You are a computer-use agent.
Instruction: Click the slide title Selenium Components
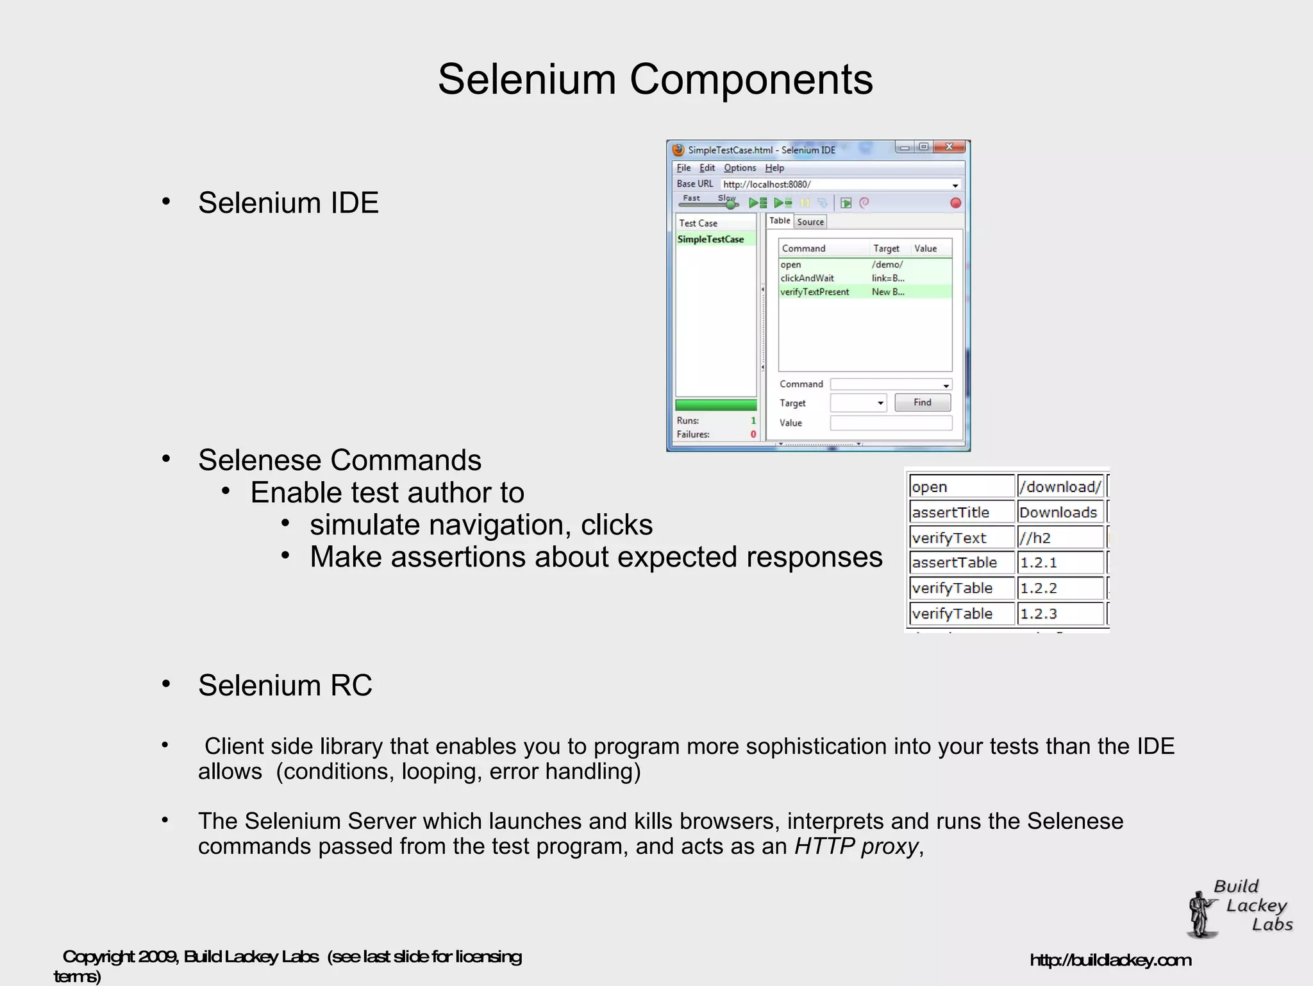(655, 80)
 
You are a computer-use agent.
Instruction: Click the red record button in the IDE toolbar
(955, 203)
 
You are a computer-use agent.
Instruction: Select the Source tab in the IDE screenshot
(810, 222)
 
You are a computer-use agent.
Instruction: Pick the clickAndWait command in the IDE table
(807, 278)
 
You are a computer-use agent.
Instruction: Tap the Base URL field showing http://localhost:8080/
(833, 185)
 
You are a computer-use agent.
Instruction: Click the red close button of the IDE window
(949, 147)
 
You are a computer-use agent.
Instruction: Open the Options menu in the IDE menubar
(740, 168)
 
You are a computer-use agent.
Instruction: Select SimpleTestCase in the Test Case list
(710, 239)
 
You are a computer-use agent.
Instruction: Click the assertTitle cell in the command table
(951, 513)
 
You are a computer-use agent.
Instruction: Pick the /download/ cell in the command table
(1060, 487)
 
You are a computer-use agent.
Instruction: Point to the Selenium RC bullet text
(285, 686)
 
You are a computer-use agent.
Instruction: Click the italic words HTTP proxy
(857, 847)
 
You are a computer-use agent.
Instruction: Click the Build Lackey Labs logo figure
(1202, 914)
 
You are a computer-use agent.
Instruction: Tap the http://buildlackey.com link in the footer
(1110, 960)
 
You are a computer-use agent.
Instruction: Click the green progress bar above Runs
(715, 405)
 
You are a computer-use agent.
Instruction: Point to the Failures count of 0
(753, 434)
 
